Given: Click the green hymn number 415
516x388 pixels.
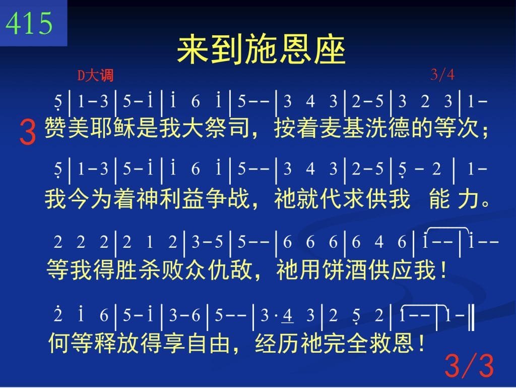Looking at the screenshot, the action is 29,23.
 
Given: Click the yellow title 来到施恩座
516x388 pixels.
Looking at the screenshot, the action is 262,50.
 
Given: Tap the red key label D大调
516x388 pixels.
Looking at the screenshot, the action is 95,75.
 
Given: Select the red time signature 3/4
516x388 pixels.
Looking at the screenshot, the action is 442,75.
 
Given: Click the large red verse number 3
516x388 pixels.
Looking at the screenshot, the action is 28,132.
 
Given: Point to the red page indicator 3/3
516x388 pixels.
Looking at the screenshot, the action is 469,366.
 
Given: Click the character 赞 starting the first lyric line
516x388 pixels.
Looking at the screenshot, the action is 55,128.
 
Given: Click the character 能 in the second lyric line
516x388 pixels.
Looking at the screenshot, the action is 439,199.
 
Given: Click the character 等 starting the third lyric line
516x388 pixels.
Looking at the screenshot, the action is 57,269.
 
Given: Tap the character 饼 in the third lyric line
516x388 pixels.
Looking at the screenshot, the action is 333,269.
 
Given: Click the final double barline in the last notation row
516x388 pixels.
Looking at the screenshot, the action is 472,317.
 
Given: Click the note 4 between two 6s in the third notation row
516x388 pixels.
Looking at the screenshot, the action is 379,242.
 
